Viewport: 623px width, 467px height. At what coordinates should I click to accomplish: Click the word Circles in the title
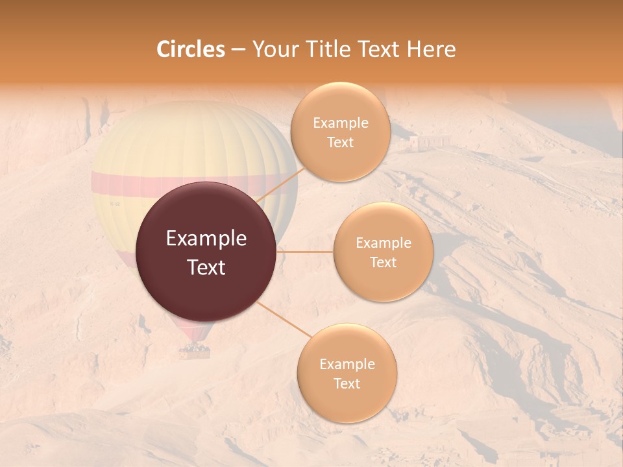coord(190,49)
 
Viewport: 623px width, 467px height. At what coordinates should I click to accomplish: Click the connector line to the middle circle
coord(305,252)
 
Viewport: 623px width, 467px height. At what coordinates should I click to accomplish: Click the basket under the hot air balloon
coord(195,352)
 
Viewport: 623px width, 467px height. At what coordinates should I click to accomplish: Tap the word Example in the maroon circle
coord(206,239)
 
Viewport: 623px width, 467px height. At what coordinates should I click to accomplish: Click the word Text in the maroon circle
coord(206,267)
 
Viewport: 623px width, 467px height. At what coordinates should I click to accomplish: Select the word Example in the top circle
coord(340,123)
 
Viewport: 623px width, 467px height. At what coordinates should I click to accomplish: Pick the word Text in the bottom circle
coord(347,383)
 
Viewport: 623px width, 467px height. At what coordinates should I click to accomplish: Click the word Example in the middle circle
coord(383,243)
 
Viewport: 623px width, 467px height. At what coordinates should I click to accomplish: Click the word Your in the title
coord(273,49)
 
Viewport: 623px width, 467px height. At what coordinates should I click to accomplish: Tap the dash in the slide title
coord(238,50)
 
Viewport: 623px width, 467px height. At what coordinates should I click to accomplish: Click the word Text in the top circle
coord(340,142)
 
